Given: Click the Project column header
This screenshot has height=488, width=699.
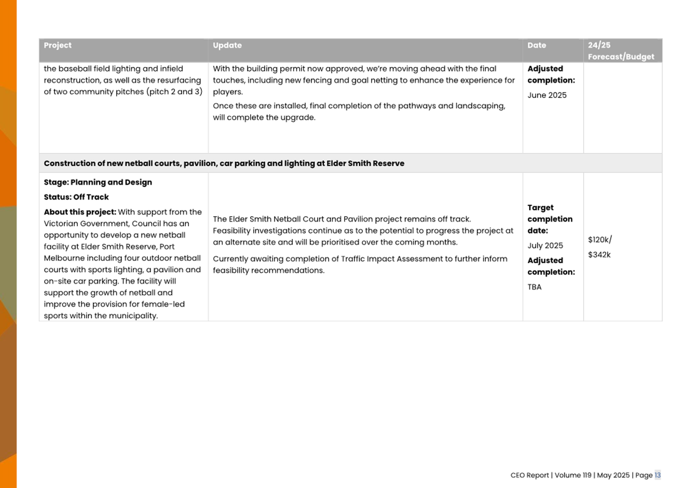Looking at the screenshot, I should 58,46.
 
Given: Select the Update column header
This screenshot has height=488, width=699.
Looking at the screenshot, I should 227,46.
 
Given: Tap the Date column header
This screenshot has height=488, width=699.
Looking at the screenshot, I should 537,46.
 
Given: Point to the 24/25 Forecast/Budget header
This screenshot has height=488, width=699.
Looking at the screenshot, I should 621,51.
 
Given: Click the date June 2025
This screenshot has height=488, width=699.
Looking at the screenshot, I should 547,95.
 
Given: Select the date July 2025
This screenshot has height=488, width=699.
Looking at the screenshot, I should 545,246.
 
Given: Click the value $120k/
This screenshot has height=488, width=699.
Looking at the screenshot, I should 600,240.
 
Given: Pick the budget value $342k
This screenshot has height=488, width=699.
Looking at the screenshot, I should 599,255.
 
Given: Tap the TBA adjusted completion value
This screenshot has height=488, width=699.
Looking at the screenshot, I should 534,287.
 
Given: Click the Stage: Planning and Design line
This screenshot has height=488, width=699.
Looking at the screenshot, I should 98,183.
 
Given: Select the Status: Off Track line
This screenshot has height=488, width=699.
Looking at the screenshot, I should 76,198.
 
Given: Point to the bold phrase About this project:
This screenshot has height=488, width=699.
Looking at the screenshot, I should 80,212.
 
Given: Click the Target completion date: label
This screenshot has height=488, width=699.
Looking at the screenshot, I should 550,219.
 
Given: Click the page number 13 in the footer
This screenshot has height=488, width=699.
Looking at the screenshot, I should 657,476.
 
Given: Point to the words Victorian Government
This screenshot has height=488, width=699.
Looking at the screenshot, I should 83,224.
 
